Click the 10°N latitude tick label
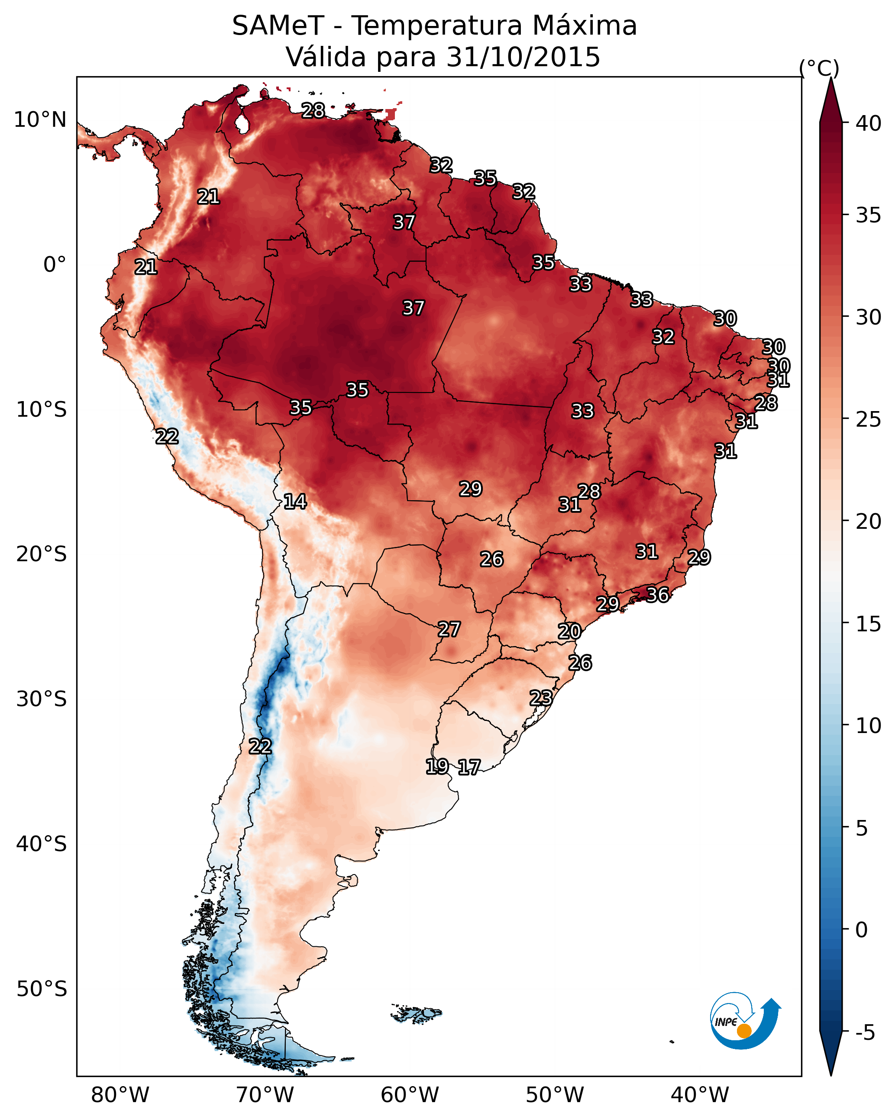click(x=40, y=120)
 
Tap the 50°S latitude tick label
click(x=42, y=989)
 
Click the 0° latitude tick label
click(x=55, y=265)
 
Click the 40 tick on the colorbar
click(x=868, y=123)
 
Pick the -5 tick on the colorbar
click(x=865, y=1033)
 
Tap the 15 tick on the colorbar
click(x=868, y=624)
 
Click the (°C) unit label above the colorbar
click(x=819, y=68)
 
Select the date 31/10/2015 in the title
click(x=523, y=57)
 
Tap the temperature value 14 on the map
click(x=295, y=502)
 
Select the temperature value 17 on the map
click(x=469, y=767)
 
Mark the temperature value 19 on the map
click(x=437, y=766)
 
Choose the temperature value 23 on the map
click(x=541, y=698)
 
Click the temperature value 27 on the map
click(x=449, y=630)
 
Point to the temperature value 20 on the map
click(x=569, y=632)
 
